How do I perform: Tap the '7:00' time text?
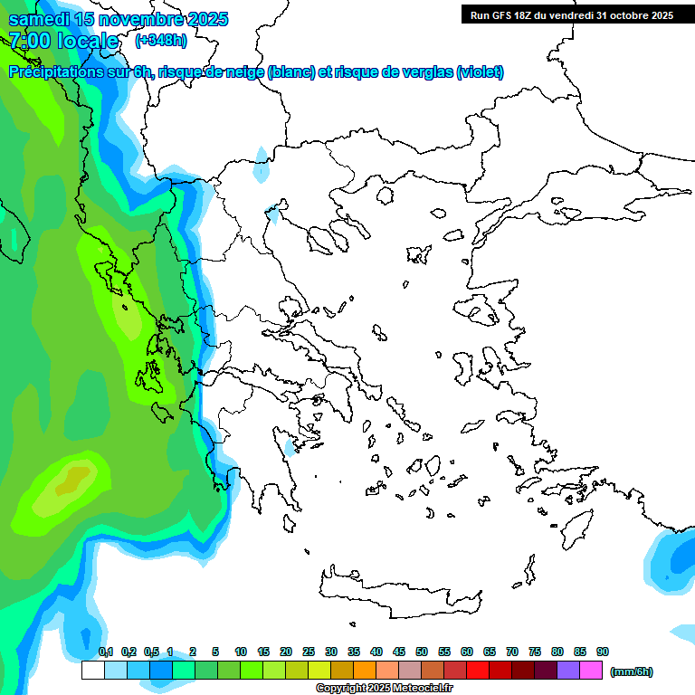[30, 41]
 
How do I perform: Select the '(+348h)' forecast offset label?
[161, 40]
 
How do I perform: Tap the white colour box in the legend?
[92, 671]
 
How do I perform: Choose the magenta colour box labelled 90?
[591, 671]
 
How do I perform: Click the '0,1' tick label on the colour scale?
[105, 652]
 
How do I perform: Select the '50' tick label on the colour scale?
[422, 652]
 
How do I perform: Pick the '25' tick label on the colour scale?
[309, 652]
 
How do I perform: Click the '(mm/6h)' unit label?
[632, 671]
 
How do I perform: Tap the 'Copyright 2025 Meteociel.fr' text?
[385, 689]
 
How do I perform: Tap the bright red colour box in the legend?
[478, 671]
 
